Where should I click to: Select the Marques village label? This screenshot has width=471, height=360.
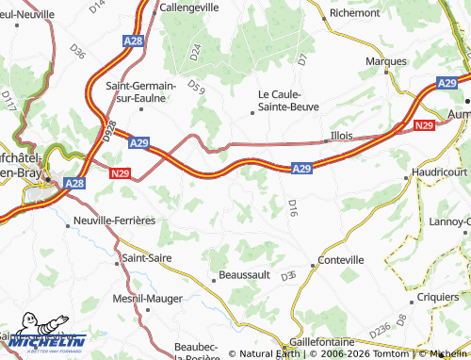click(386, 60)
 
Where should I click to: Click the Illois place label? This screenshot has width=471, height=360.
click(342, 136)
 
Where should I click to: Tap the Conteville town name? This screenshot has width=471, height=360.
click(341, 260)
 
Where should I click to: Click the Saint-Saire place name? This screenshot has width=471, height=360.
click(146, 255)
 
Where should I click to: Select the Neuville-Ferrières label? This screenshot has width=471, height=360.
click(113, 221)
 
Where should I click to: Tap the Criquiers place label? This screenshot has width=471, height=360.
click(436, 296)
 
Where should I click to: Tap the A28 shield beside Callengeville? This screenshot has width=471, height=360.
click(133, 41)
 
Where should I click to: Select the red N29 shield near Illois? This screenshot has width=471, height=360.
click(422, 124)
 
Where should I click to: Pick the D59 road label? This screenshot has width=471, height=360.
click(196, 89)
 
